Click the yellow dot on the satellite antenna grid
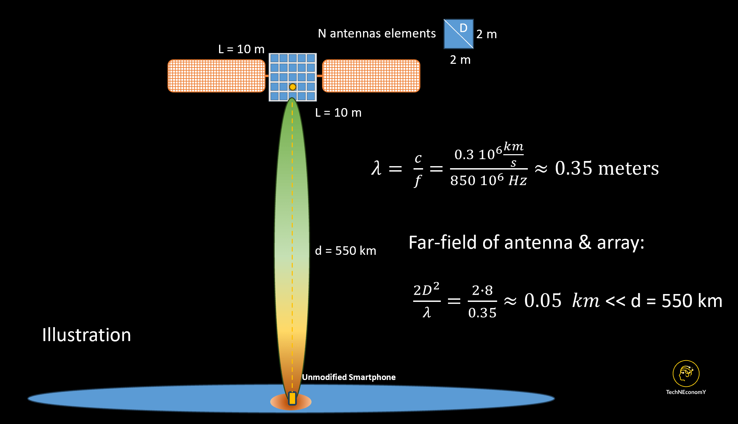292,87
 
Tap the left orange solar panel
216,76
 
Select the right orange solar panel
371,76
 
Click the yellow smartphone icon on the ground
292,398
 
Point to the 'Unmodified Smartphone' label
349,377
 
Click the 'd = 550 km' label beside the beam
345,251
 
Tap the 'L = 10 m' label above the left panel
241,49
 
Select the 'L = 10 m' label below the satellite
338,113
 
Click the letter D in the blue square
463,28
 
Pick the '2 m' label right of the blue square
486,34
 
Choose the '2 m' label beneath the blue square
460,60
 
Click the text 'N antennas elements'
377,33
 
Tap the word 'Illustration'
87,335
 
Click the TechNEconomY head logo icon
686,373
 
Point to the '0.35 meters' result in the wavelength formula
607,168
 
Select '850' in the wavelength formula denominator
463,180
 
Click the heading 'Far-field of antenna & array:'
526,243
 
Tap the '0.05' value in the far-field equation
542,301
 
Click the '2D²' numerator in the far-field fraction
426,290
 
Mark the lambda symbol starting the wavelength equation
376,168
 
